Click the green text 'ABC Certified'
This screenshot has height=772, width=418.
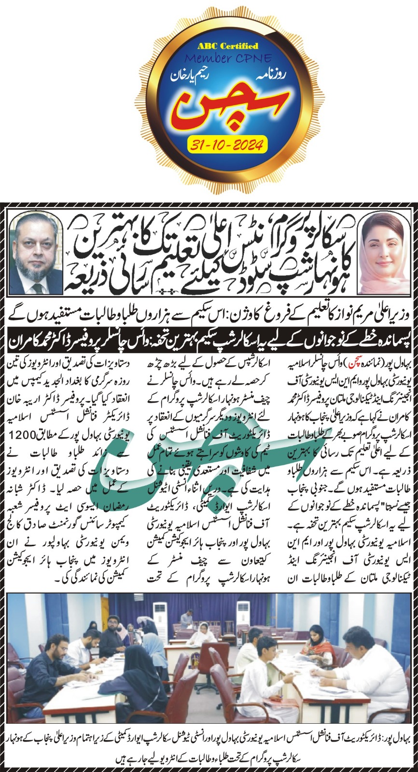tap(228, 46)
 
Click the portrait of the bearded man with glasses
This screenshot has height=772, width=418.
tap(36, 254)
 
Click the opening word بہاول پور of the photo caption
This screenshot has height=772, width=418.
tap(399, 738)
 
